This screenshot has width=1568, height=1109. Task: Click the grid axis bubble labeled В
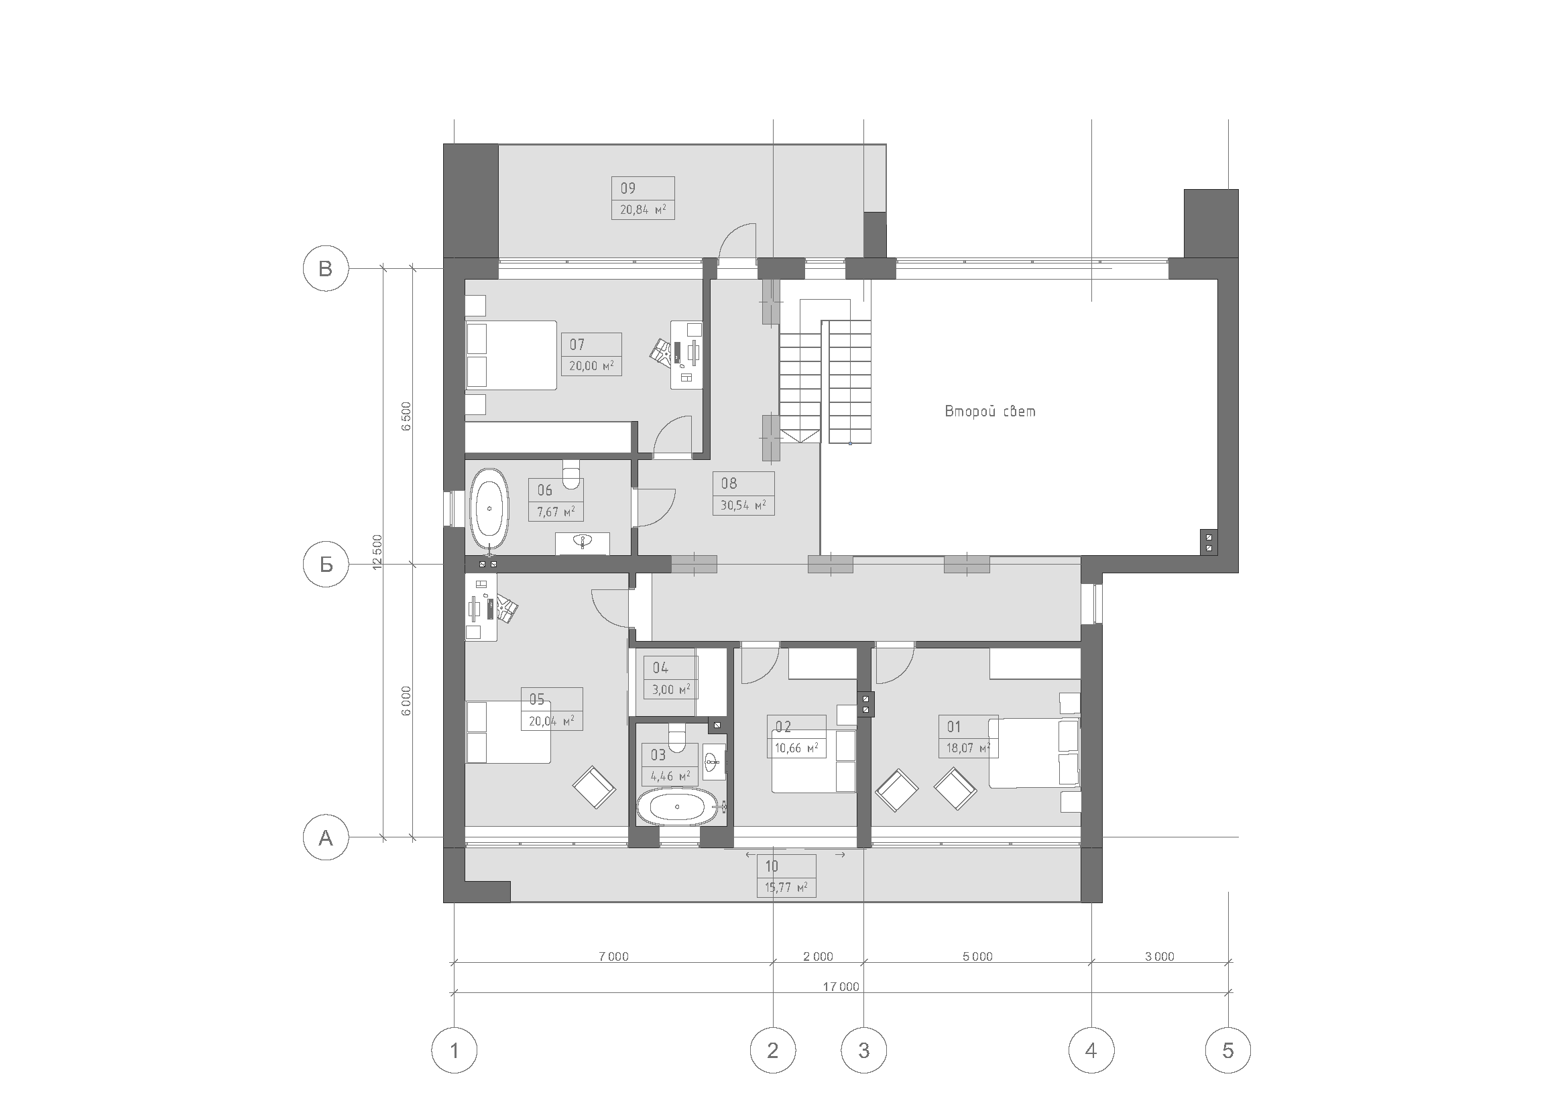pyautogui.click(x=326, y=268)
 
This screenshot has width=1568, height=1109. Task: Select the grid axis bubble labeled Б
pyautogui.click(x=326, y=564)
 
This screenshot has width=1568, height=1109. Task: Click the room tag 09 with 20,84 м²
pyautogui.click(x=643, y=198)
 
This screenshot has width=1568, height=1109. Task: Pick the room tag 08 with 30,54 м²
pyautogui.click(x=743, y=493)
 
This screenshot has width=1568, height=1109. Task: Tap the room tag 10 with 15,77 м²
pyautogui.click(x=786, y=876)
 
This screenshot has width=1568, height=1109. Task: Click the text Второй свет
pyautogui.click(x=989, y=411)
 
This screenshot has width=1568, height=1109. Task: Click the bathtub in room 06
pyautogui.click(x=489, y=510)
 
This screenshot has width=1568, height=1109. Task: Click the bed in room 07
pyautogui.click(x=511, y=355)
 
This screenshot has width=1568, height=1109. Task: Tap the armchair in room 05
pyautogui.click(x=594, y=787)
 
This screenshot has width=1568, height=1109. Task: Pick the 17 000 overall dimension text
pyautogui.click(x=841, y=987)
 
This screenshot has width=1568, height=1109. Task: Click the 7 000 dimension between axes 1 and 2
pyautogui.click(x=613, y=957)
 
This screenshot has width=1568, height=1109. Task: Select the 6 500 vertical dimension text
pyautogui.click(x=406, y=416)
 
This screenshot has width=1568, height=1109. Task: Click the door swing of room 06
pyautogui.click(x=654, y=507)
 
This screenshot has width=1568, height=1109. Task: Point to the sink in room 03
pyautogui.click(x=714, y=760)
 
